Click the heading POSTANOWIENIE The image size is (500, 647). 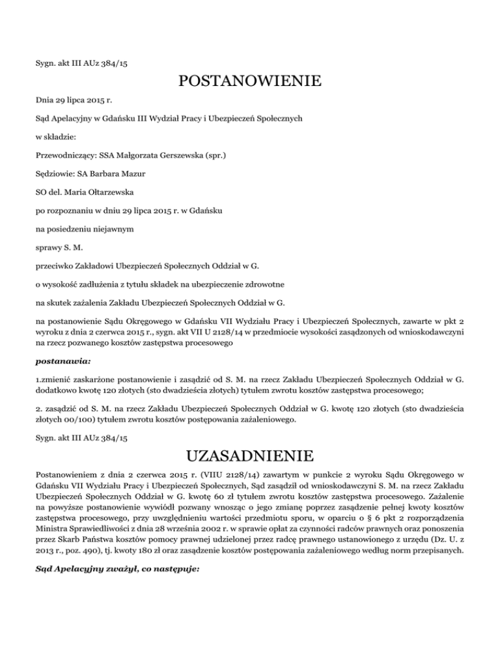pos(249,81)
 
